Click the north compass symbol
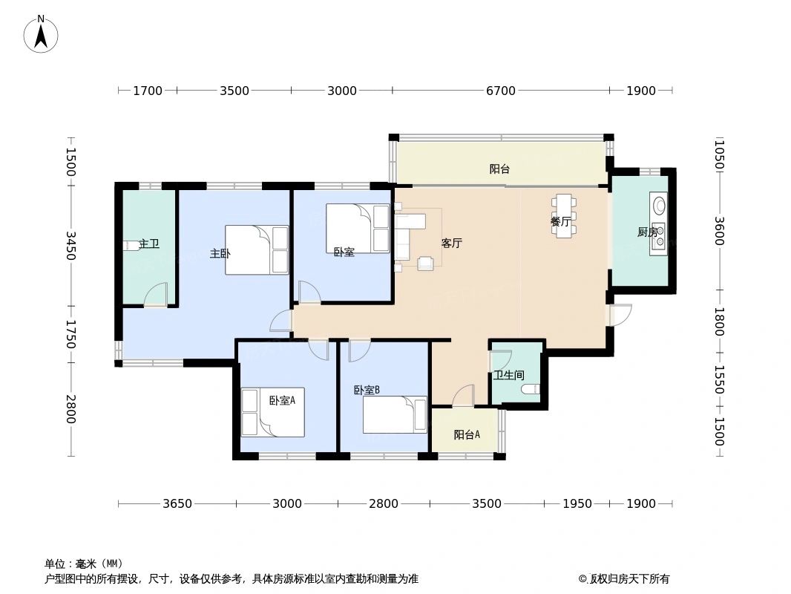coord(41,33)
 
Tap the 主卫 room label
coord(149,244)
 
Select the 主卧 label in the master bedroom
coord(220,253)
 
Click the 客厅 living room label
coord(451,243)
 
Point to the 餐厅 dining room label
coord(560,221)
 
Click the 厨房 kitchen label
coord(647,232)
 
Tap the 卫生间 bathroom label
coord(508,376)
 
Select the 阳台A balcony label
coord(466,435)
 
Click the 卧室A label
coord(282,400)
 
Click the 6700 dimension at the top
coord(500,91)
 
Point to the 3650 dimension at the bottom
coord(177,503)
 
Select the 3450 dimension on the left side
coord(70,245)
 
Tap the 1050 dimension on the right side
coord(718,155)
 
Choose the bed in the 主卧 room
coord(257,249)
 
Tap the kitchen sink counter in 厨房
coord(658,223)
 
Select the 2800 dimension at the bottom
coord(383,503)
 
